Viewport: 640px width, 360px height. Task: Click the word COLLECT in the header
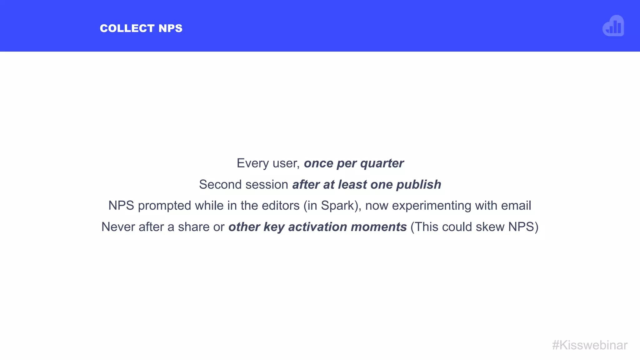[x=127, y=28]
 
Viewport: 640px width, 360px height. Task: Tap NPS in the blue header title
[x=170, y=28]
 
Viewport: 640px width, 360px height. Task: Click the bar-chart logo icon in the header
[x=613, y=26]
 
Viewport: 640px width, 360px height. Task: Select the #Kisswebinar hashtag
[x=590, y=345]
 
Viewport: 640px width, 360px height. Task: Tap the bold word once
[x=318, y=163]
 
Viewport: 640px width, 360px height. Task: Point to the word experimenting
[x=431, y=206]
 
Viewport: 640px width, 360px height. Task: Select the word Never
[x=118, y=227]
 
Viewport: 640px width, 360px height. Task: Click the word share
[x=194, y=227]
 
